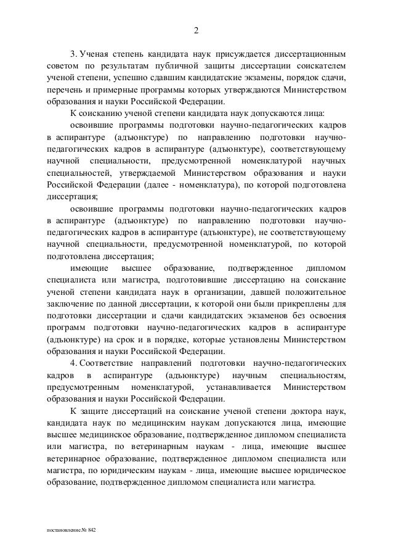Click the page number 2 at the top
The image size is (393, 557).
pos(197,33)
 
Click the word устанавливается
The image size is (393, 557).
pos(240,387)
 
